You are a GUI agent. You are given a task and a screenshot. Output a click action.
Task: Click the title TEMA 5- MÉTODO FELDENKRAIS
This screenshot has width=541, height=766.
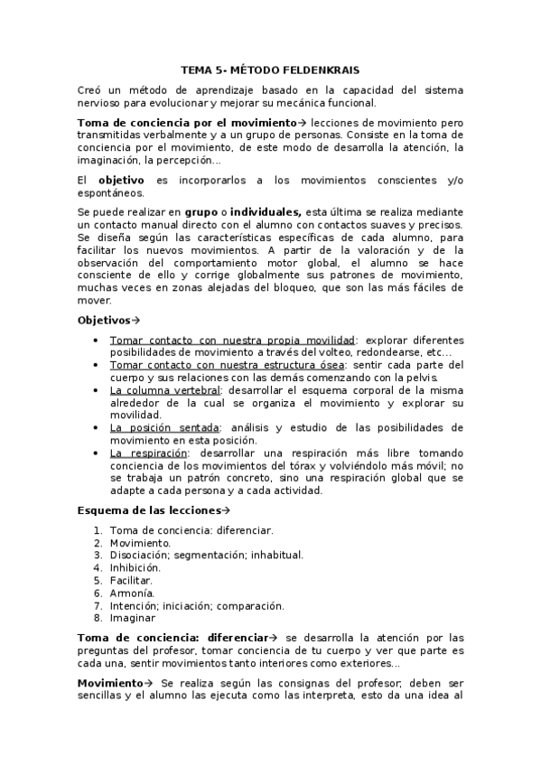pyautogui.click(x=270, y=69)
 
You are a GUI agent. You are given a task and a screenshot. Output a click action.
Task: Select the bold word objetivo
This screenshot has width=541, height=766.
pyautogui.click(x=121, y=181)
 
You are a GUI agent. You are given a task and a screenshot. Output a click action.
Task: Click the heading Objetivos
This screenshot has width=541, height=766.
pyautogui.click(x=104, y=320)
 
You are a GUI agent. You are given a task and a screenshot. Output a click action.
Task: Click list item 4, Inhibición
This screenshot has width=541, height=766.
pyautogui.click(x=135, y=568)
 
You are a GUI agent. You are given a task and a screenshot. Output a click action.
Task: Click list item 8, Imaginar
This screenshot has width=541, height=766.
pyautogui.click(x=132, y=619)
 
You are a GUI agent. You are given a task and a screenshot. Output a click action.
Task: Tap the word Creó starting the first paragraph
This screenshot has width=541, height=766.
pyautogui.click(x=91, y=90)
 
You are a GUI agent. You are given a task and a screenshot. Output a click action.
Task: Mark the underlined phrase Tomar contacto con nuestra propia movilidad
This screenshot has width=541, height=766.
pyautogui.click(x=232, y=341)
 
